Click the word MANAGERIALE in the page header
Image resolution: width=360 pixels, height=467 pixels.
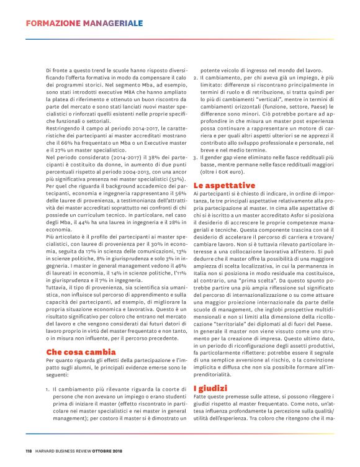[x=112, y=24]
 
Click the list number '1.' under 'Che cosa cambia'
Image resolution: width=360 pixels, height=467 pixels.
[x=48, y=390]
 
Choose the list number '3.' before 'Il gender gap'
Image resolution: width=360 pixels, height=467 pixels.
[x=195, y=158]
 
